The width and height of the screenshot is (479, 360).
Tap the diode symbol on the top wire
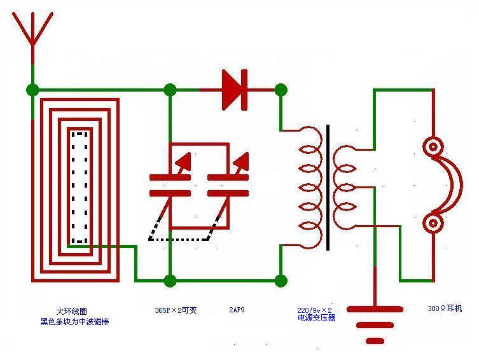click(x=234, y=90)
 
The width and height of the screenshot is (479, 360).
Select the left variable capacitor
click(x=170, y=184)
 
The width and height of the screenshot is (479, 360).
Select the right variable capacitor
click(x=228, y=184)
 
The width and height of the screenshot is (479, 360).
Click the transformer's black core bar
click(x=328, y=188)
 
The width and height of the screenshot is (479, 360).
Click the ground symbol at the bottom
click(x=375, y=324)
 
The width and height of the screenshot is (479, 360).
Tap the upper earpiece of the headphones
click(x=433, y=148)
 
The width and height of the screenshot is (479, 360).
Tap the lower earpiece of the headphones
click(x=433, y=223)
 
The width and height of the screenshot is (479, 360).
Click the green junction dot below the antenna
click(x=32, y=90)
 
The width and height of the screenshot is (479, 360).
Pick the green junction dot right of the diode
click(x=281, y=90)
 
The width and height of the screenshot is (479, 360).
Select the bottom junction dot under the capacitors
click(x=170, y=280)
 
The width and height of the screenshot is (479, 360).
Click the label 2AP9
click(x=237, y=310)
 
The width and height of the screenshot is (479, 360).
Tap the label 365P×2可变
click(x=176, y=310)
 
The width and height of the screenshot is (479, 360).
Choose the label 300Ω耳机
click(x=445, y=308)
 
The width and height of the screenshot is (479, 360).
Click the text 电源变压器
click(x=316, y=317)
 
